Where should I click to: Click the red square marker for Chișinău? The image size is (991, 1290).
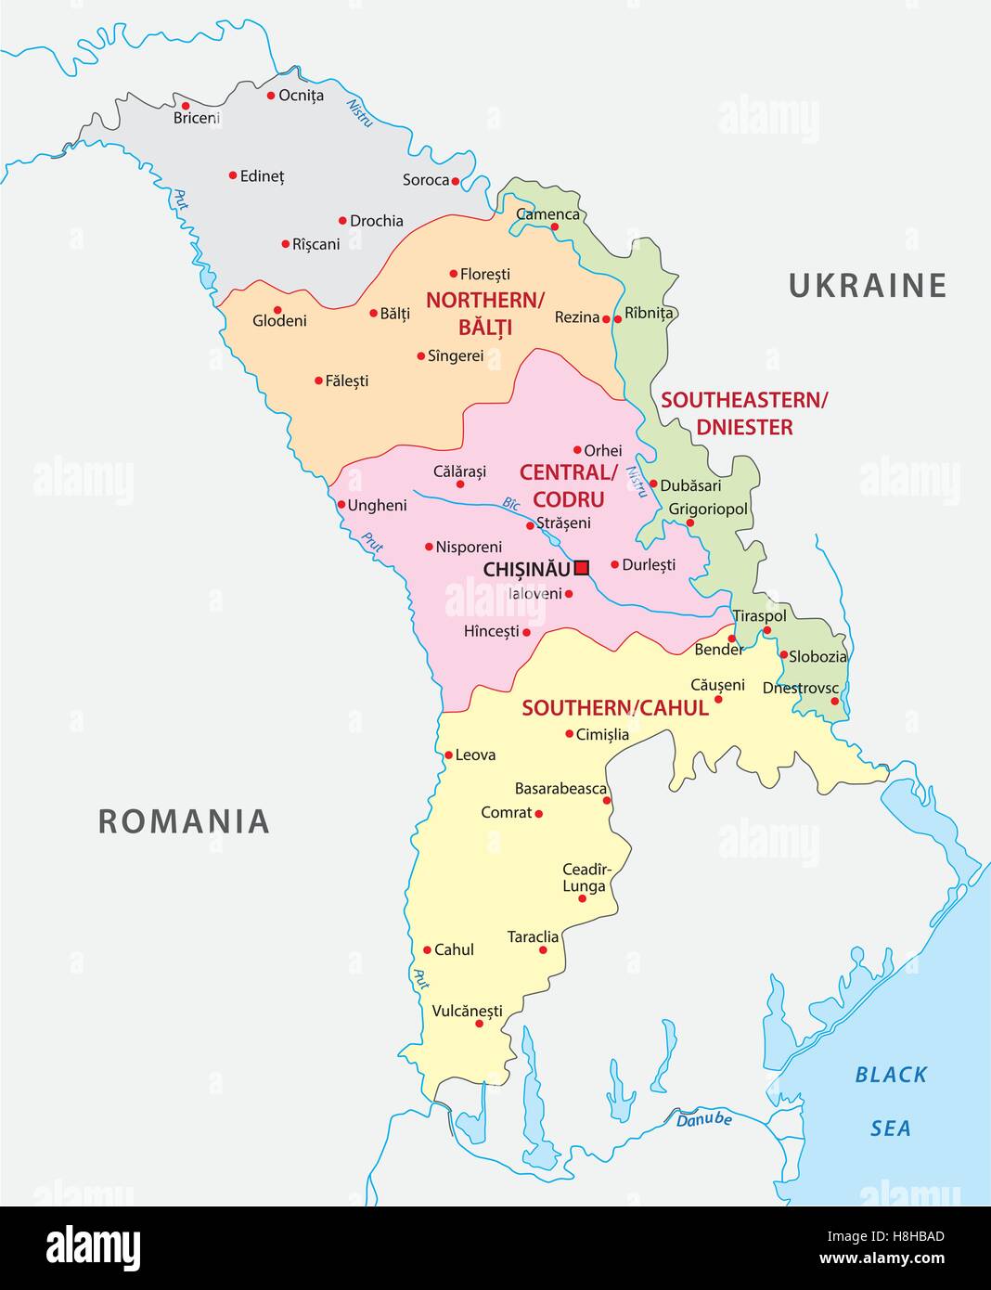click(x=582, y=567)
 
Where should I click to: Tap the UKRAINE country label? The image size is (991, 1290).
click(x=867, y=285)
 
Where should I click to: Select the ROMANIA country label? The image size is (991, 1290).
click(x=184, y=821)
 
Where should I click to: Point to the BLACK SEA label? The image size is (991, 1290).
click(x=891, y=1101)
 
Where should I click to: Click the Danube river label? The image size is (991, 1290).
click(x=703, y=1119)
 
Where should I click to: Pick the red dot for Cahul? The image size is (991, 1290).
click(x=427, y=949)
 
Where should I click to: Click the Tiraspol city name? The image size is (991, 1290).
click(x=759, y=615)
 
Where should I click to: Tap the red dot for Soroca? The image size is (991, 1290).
click(x=455, y=181)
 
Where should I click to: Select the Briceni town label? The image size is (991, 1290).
click(x=197, y=118)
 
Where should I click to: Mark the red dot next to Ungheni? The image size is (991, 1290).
click(x=341, y=505)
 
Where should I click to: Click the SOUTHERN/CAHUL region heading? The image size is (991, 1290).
click(x=614, y=708)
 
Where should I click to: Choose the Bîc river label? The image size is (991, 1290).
click(x=511, y=504)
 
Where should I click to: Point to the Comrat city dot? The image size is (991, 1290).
click(x=538, y=814)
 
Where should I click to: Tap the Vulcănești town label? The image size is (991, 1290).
click(x=467, y=1011)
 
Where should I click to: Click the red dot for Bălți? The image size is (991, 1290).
click(x=374, y=314)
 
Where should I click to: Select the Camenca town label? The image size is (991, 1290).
click(x=547, y=214)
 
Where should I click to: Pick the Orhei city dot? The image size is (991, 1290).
click(x=577, y=449)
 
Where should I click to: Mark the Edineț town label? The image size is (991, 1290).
click(x=262, y=175)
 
